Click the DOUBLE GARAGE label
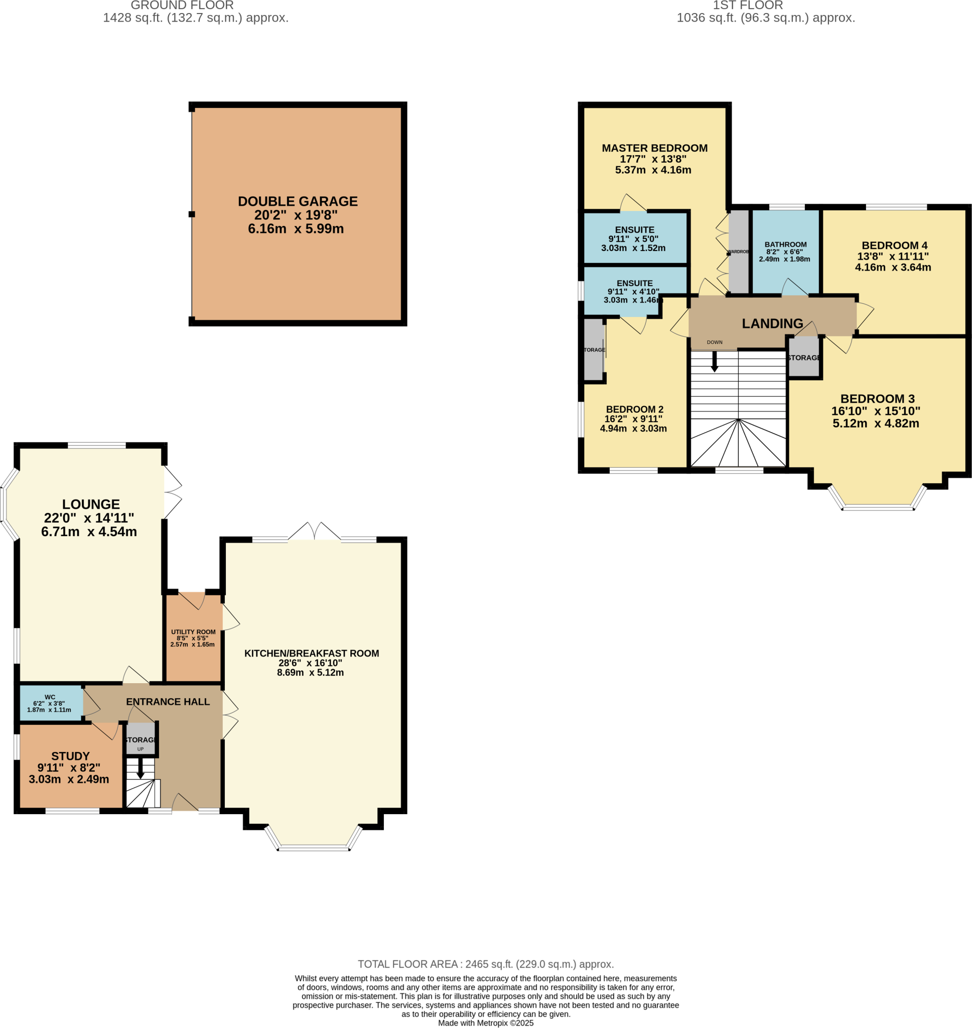point(298,202)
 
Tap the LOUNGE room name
point(91,504)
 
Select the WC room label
point(50,697)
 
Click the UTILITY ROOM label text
point(193,631)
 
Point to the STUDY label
point(70,756)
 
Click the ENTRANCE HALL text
point(168,702)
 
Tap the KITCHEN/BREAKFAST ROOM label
point(312,654)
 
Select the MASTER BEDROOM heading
point(654,148)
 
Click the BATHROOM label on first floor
point(785,244)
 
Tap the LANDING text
point(772,323)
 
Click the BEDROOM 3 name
point(877,399)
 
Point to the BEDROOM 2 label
point(634,409)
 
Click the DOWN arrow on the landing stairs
point(714,361)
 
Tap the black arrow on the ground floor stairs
point(140,768)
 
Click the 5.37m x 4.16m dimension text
point(653,170)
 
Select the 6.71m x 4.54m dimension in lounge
point(89,532)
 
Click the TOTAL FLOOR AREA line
point(485,964)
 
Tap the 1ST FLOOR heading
point(748,6)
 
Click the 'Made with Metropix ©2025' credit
point(485,1023)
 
